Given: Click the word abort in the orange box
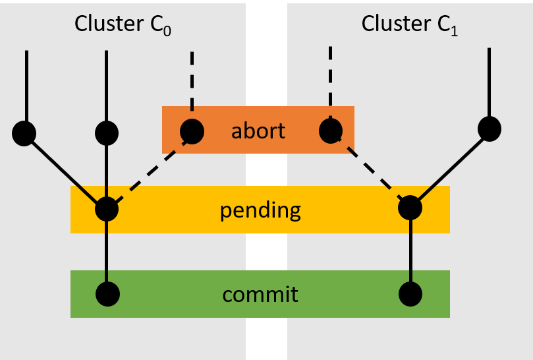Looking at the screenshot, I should [x=258, y=131].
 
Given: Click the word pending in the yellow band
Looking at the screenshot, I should [x=260, y=210].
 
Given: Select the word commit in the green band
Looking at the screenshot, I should [x=260, y=294].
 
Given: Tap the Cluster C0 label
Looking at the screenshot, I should [x=123, y=24].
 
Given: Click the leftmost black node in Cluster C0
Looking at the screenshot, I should [x=24, y=133].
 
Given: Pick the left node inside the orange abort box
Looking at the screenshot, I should [x=192, y=131].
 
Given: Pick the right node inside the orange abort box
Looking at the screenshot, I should [x=331, y=131].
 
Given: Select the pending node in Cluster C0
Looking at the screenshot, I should [x=107, y=210].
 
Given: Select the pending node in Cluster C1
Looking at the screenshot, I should [x=410, y=208].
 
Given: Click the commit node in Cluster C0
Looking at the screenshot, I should [x=107, y=293].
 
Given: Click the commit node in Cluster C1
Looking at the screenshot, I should [x=410, y=293].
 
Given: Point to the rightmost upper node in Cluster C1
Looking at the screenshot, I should [x=490, y=129].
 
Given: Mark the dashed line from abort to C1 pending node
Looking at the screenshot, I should [x=371, y=169].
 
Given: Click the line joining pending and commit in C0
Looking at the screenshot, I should [x=107, y=252].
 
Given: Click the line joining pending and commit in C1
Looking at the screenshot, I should [x=410, y=251].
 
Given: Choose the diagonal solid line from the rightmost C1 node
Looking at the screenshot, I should [x=450, y=168].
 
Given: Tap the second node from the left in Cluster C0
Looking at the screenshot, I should [x=107, y=133].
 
